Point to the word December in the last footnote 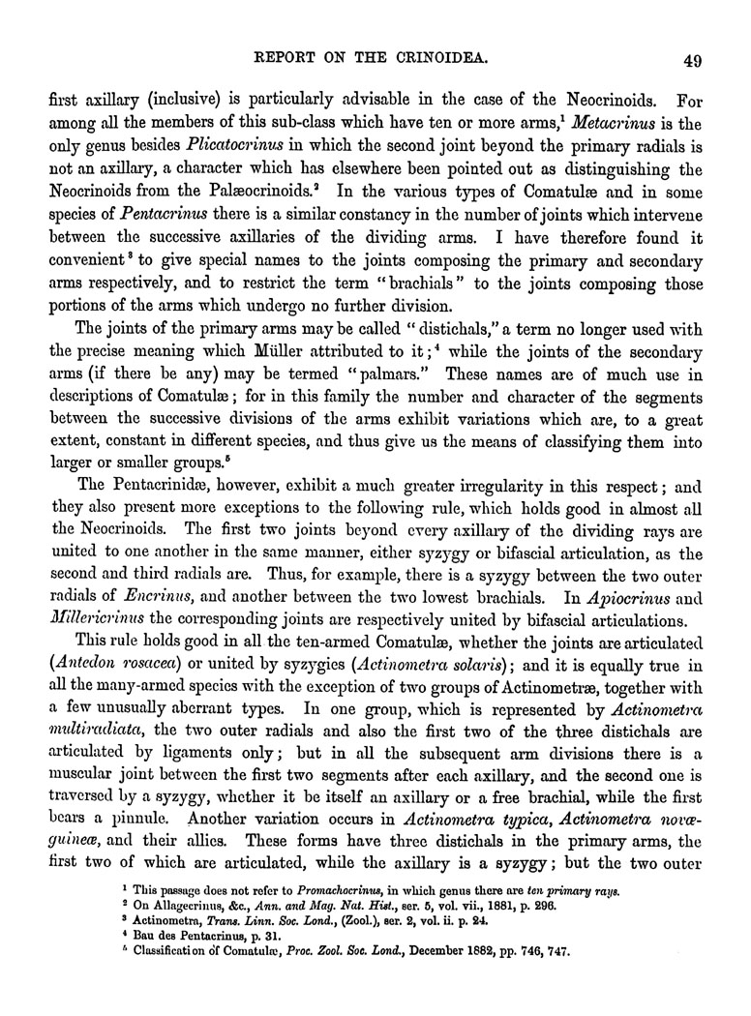[x=428, y=951]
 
